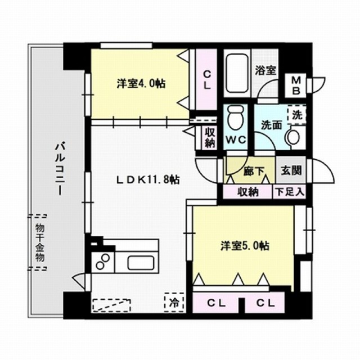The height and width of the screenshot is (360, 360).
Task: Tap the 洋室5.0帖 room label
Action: tap(244, 246)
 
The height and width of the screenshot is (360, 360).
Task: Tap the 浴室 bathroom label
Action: tap(265, 70)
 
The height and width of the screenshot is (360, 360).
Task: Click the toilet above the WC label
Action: tap(235, 118)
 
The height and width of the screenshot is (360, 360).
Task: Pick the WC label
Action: tap(235, 139)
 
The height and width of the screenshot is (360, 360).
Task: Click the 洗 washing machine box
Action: tap(296, 114)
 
